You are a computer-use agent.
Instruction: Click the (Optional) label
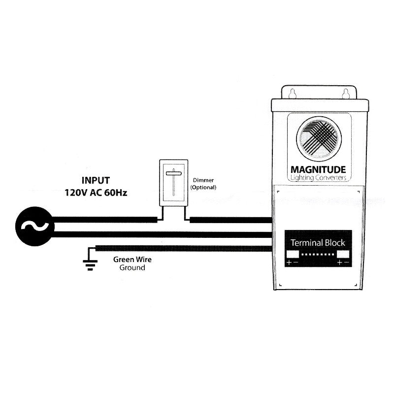203,188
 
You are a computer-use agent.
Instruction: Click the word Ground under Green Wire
132,268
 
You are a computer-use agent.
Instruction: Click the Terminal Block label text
318,243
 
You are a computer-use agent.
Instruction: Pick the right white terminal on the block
343,254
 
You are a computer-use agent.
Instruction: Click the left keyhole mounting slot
293,92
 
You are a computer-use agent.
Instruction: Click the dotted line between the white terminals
318,255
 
